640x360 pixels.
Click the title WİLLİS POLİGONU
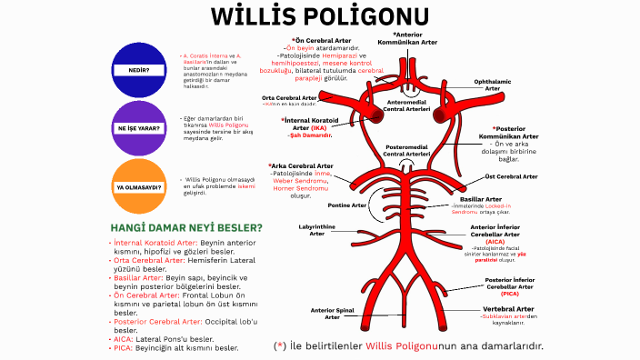[x=319, y=18]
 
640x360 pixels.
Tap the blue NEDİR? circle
[x=138, y=69]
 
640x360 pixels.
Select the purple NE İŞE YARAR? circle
[x=138, y=128]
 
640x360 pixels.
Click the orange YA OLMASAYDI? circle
[x=138, y=187]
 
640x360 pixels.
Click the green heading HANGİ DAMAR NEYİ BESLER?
[x=186, y=227]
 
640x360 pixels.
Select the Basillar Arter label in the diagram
[x=481, y=198]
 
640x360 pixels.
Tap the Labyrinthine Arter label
[x=316, y=230]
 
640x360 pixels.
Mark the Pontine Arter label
[x=346, y=205]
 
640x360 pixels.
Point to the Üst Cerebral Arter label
[x=515, y=176]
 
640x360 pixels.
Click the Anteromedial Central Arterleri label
[x=409, y=106]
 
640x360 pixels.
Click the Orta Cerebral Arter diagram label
[x=289, y=97]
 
